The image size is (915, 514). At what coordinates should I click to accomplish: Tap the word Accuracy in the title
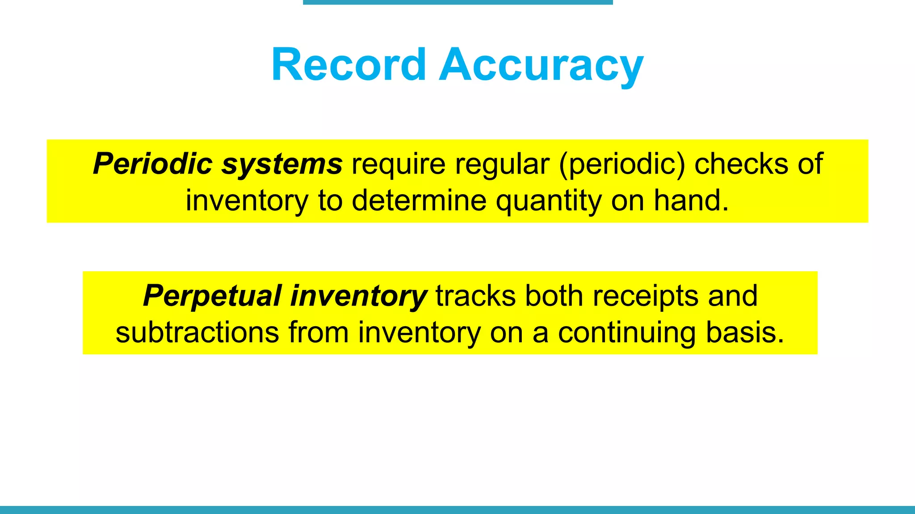[x=541, y=66]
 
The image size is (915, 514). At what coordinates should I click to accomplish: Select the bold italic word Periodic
[x=152, y=164]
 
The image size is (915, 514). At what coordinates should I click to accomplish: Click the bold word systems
[x=282, y=164]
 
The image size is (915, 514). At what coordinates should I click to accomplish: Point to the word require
[x=399, y=164]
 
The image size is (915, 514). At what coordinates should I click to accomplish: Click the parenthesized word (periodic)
[x=621, y=164]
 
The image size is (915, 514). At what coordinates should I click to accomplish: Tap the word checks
[x=742, y=164]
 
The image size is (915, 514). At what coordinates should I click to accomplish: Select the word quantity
[x=549, y=201]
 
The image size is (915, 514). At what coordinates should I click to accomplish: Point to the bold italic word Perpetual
[x=212, y=296]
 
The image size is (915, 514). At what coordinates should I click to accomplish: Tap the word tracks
[x=475, y=296]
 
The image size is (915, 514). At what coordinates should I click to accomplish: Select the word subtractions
[x=197, y=332]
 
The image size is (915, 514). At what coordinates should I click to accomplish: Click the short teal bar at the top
[x=457, y=2]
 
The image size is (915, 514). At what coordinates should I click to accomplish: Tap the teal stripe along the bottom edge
[x=457, y=510]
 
